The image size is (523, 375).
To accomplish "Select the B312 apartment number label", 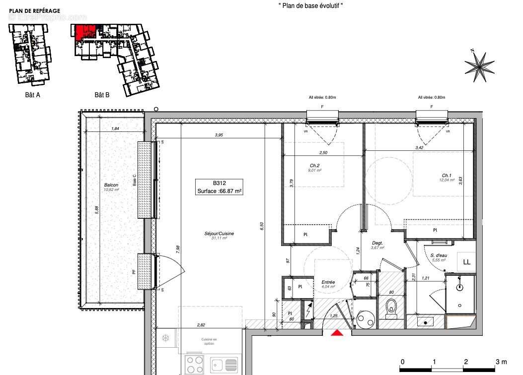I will point(220,183).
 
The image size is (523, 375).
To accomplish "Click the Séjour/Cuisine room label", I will point(219,234).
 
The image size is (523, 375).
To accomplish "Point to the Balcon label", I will point(111,185).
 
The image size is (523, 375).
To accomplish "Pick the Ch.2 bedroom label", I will point(314,166).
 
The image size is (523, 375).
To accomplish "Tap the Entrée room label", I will point(328,282).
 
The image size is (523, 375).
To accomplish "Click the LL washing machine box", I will point(466,262).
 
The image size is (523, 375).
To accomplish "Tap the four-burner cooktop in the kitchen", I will point(194,365).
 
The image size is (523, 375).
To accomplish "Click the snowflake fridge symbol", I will point(165,338).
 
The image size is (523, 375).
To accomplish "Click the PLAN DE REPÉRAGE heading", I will point(35,10).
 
